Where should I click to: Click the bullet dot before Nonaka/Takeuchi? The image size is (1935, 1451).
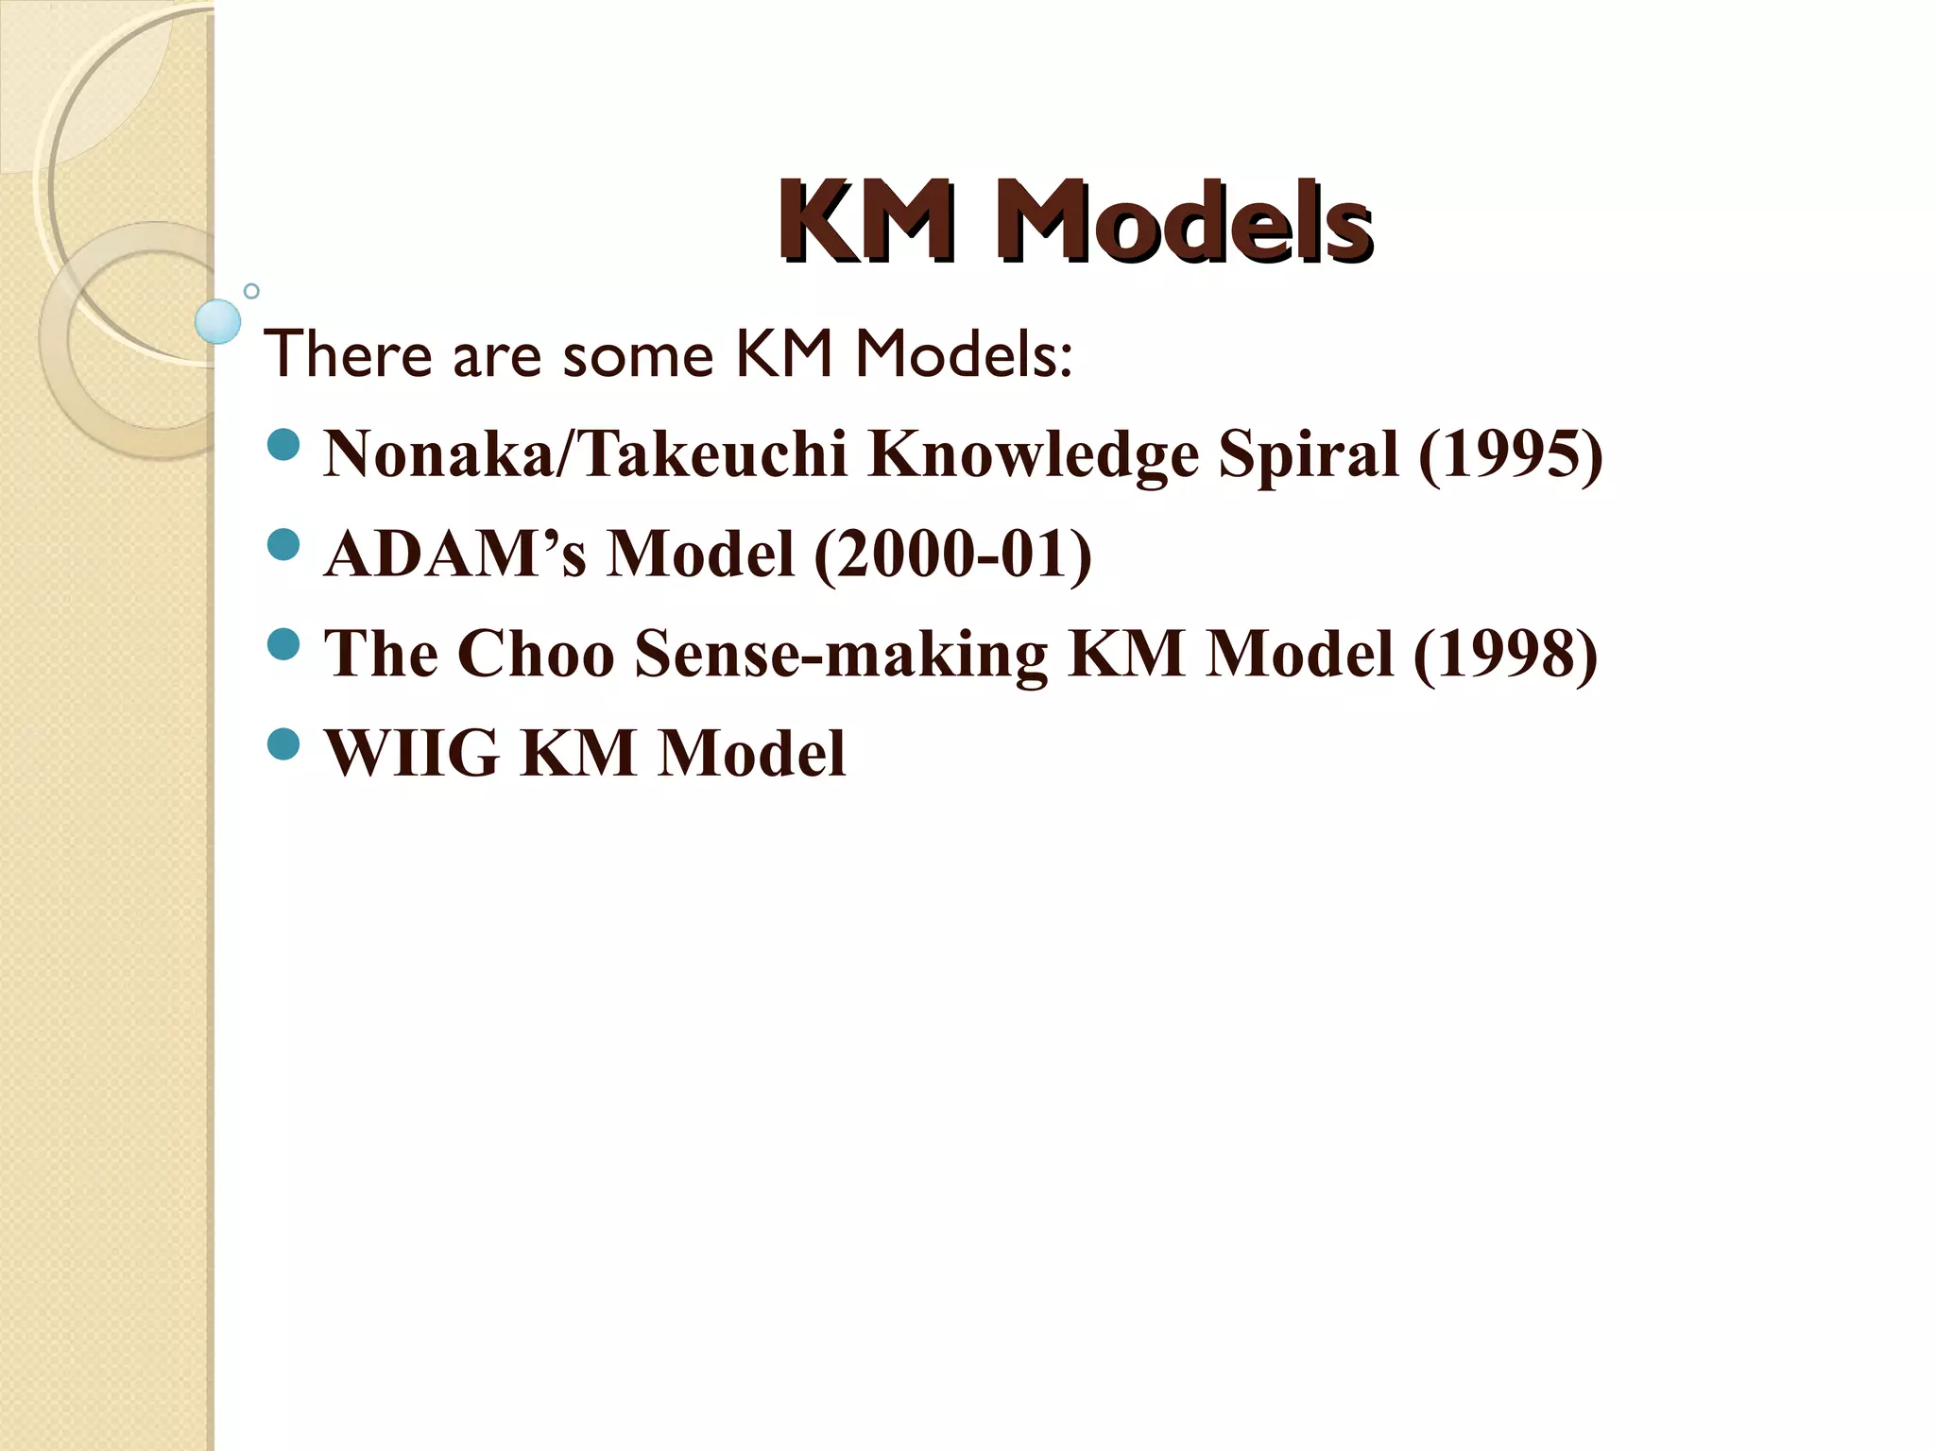tap(283, 444)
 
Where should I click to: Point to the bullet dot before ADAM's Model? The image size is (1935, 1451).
tap(283, 544)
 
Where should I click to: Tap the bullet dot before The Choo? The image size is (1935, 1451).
tap(283, 645)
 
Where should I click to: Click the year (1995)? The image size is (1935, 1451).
tap(1510, 455)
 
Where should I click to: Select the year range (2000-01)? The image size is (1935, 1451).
tap(952, 555)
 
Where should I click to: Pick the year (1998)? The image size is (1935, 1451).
tap(1505, 655)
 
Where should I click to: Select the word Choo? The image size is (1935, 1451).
tap(536, 655)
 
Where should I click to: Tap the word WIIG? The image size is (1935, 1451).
tap(412, 754)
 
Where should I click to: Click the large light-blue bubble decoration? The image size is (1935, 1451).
tap(218, 321)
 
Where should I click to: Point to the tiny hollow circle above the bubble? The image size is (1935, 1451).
tap(251, 291)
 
